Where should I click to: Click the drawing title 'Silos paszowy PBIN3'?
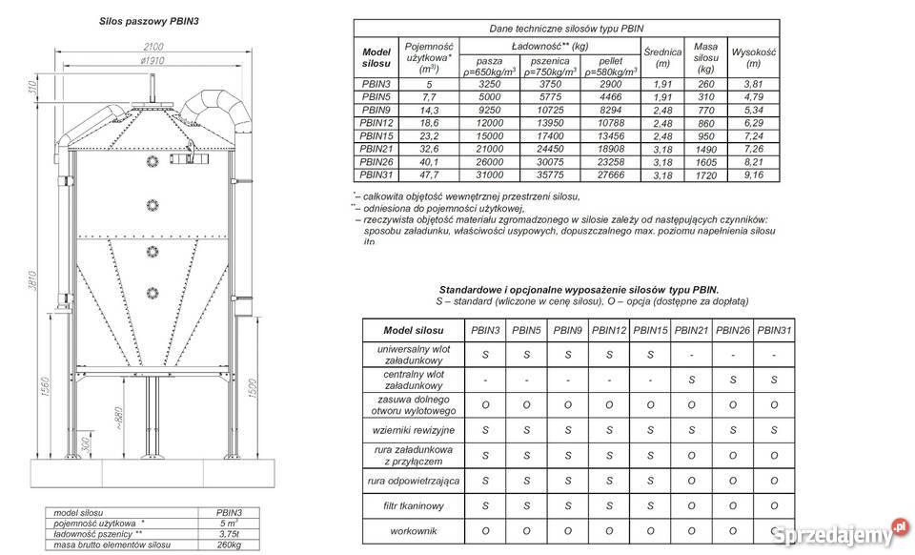coord(149,19)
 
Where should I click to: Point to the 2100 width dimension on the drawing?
coord(152,46)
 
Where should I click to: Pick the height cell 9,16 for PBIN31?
coord(753,175)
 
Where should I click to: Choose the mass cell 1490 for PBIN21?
coord(705,149)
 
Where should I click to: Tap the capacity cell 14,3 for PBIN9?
coord(429,110)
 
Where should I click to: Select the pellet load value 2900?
coord(603,84)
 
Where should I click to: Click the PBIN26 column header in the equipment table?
coord(732,330)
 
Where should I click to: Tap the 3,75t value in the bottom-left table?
coord(230,534)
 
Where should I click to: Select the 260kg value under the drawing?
coord(230,545)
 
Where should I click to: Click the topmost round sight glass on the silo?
coord(152,163)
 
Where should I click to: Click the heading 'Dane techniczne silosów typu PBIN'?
coord(565,29)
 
